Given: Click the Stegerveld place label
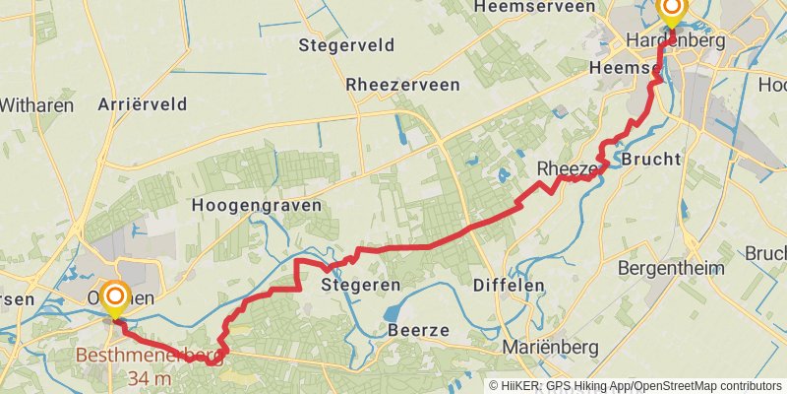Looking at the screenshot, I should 346,45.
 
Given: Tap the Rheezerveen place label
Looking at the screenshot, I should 402,86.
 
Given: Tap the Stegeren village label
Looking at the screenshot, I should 361,285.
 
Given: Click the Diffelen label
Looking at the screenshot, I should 509,285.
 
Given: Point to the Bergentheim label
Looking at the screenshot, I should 671,268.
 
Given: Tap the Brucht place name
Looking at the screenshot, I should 651,159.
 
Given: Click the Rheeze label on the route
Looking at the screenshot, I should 565,169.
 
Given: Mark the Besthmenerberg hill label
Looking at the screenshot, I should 151,357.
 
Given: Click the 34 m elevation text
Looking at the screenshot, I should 150,377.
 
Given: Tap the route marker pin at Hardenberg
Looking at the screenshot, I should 672,13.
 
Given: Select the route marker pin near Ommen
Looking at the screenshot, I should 116,297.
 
